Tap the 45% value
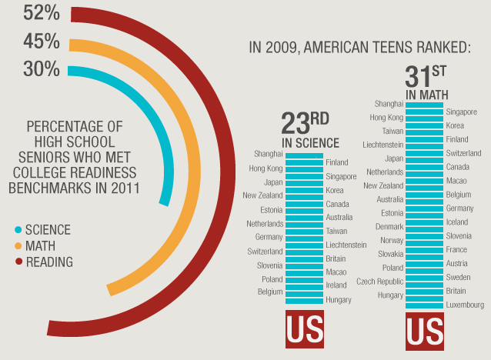click(41, 41)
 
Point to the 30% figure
click(41, 69)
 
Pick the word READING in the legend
click(49, 262)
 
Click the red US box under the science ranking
click(306, 331)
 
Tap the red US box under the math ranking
click(425, 331)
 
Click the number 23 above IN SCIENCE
click(295, 124)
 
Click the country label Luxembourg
click(466, 305)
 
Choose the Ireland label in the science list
click(336, 285)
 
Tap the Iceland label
click(457, 222)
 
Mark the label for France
click(456, 250)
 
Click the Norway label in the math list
click(392, 240)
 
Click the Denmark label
click(389, 227)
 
